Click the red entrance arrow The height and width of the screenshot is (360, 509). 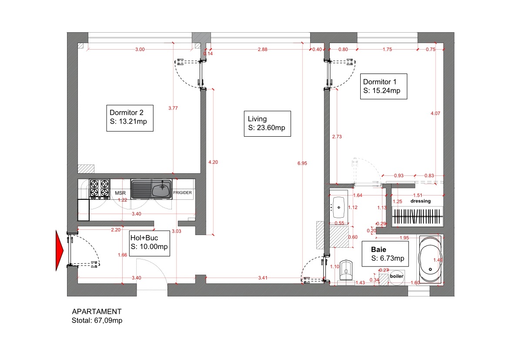[x=60, y=250]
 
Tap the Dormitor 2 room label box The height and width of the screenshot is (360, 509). [x=130, y=118]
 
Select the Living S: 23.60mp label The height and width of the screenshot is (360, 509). [x=267, y=124]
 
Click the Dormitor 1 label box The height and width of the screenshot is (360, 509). [x=383, y=87]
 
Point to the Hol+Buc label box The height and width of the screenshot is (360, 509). [x=149, y=243]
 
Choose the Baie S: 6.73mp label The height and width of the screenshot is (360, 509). [x=385, y=254]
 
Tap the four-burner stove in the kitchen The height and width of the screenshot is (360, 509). [x=99, y=188]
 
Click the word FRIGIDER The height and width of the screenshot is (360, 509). [x=182, y=193]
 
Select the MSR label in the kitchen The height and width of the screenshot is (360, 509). [x=120, y=193]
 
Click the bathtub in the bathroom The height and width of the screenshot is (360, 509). [x=430, y=259]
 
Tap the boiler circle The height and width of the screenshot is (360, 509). [x=397, y=277]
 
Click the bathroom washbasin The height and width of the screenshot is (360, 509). [x=338, y=207]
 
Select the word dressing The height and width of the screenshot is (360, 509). [x=421, y=201]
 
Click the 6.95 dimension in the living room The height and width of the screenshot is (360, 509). [x=302, y=163]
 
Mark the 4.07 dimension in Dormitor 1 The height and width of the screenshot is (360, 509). [x=435, y=113]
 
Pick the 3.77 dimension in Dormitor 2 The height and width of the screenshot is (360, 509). [x=173, y=108]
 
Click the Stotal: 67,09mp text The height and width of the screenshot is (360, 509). [x=97, y=320]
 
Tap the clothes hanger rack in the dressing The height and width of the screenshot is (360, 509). [x=418, y=216]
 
